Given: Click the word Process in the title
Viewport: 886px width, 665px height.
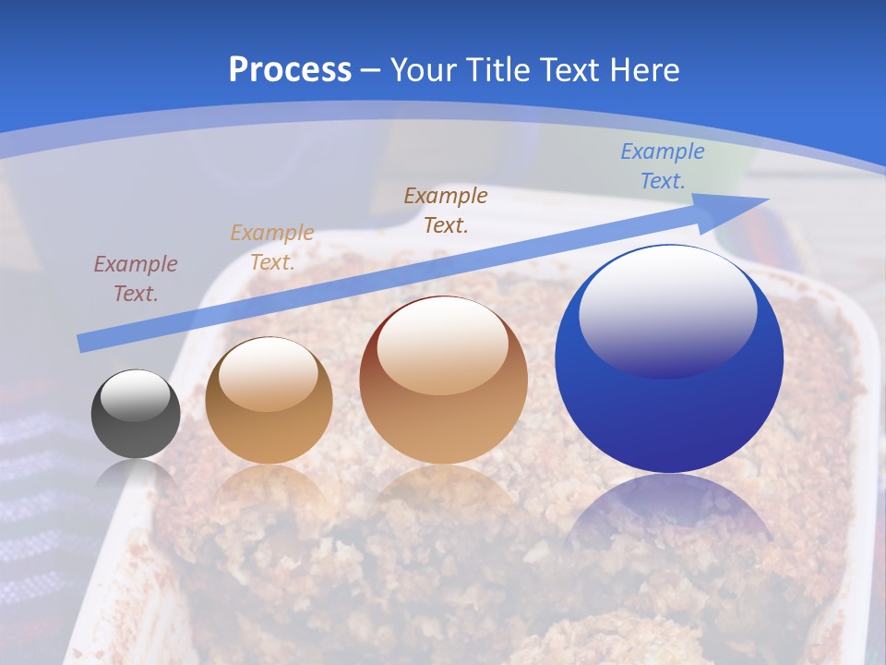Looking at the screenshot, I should (290, 70).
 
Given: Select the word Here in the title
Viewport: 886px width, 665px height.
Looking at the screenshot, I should (643, 70).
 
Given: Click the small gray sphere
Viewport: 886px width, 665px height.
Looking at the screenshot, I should (136, 415).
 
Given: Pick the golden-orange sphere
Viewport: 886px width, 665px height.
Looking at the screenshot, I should (269, 401).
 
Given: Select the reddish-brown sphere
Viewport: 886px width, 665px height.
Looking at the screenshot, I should (443, 381).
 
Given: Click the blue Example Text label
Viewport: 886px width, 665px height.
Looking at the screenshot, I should (663, 166).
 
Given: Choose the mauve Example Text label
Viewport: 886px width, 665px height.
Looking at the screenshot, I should (136, 279).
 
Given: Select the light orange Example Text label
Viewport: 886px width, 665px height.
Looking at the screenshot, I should (272, 248).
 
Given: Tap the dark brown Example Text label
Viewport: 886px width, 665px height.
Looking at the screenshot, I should (446, 210).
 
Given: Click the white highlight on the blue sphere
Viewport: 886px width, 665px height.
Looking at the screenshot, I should (667, 309).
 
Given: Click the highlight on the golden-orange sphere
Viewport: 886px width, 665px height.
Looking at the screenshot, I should (268, 373).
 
